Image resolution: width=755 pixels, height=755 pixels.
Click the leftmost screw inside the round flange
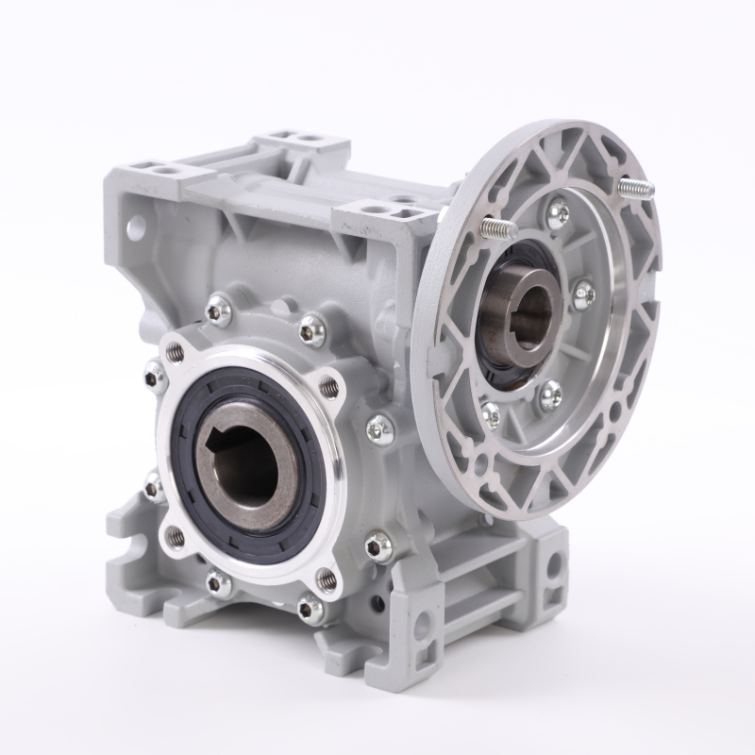coord(490,412)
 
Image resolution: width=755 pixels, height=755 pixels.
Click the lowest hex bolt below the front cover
coord(310,609)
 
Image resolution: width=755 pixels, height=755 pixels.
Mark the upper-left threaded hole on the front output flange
coord(175,352)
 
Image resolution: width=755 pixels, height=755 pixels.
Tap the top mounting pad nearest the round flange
coord(387,211)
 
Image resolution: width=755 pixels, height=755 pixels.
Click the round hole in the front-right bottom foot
coord(426,626)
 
